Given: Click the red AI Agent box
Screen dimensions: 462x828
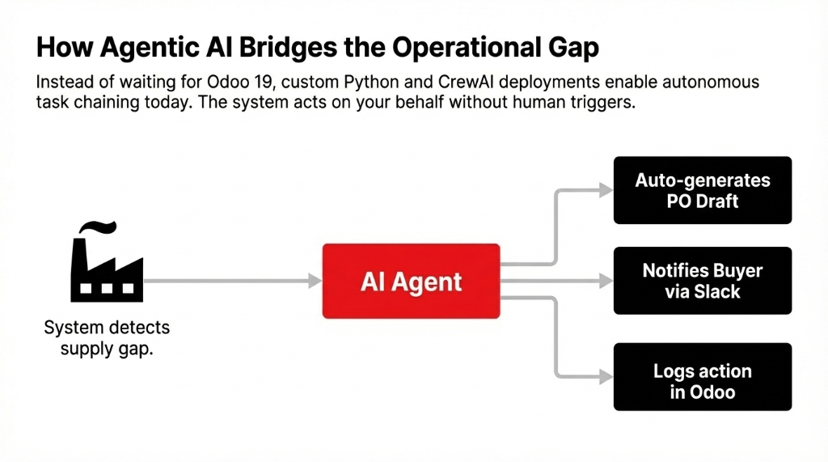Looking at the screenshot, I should pos(412,281).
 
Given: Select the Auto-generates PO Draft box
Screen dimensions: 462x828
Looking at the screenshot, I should pos(702,190).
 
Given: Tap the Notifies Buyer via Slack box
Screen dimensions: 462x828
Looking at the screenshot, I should pos(702,281).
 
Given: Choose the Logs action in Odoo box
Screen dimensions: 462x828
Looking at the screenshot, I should pos(702,382).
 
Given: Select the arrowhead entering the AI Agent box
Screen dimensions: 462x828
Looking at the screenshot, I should pos(315,281).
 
